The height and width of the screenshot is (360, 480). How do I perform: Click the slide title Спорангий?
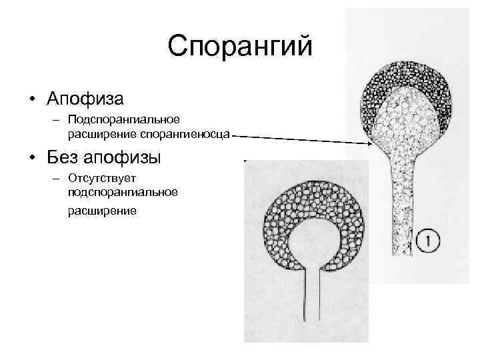click(x=240, y=47)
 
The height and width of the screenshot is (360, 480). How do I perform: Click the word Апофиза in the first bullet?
click(x=85, y=99)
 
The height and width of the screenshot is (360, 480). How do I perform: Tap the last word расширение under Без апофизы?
click(x=101, y=211)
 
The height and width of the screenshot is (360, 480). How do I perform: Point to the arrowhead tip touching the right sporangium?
click(x=372, y=145)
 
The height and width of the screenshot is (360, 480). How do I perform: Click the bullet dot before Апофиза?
click(x=32, y=101)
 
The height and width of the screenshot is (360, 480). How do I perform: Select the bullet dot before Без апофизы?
click(x=32, y=161)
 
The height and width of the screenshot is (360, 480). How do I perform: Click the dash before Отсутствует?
click(x=58, y=180)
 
